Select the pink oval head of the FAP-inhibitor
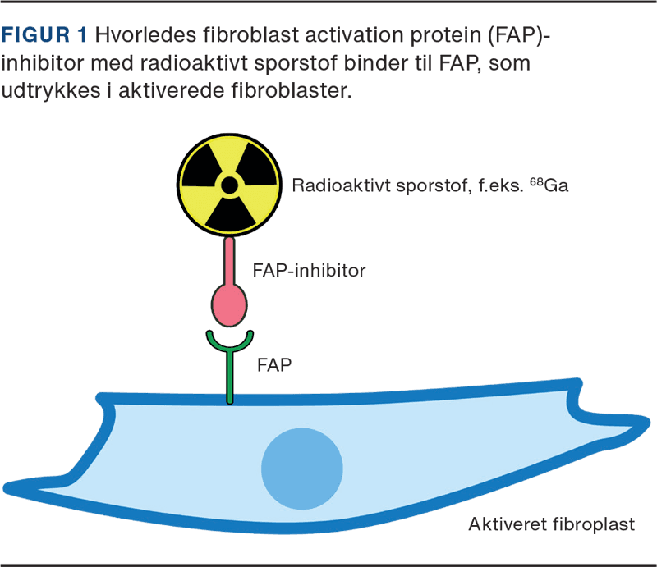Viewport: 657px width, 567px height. click(229, 304)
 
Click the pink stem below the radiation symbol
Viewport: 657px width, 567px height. click(229, 259)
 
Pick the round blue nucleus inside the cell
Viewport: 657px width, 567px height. click(301, 468)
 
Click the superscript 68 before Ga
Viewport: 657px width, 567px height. click(535, 180)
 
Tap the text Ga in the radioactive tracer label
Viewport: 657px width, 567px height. click(556, 185)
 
